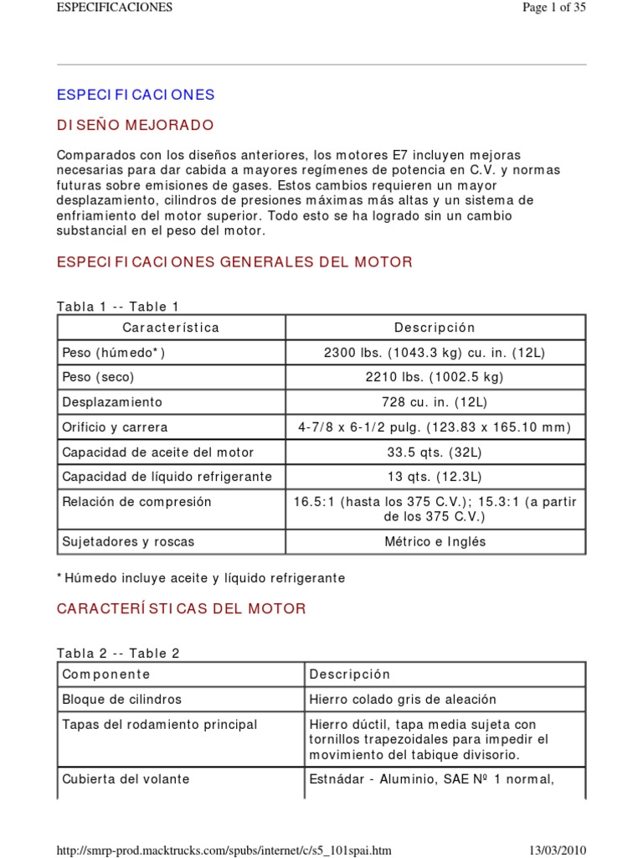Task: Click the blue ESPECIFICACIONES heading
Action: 136,95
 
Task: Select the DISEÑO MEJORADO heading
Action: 135,126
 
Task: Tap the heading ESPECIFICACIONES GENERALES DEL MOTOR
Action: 234,262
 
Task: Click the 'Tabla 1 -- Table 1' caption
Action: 118,307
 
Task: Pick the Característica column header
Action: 171,328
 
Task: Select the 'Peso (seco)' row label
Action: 98,377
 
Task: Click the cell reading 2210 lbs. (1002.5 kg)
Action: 435,377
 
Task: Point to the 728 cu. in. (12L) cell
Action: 435,402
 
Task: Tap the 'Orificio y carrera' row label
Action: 115,427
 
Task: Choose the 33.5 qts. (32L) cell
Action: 435,452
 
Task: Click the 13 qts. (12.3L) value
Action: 435,477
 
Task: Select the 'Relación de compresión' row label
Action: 136,502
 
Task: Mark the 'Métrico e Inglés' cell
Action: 435,541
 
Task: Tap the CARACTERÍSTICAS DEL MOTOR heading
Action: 181,609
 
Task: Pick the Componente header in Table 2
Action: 106,675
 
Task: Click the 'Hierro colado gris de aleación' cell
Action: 403,699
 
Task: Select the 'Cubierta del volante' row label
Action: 126,779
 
